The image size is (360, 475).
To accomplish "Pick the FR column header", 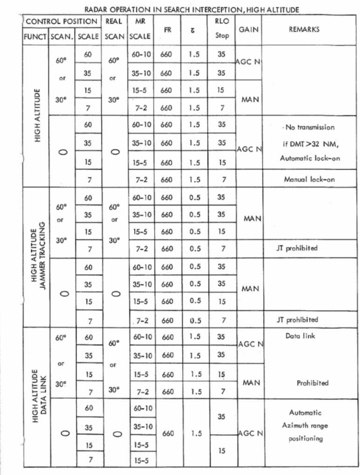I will [x=167, y=29].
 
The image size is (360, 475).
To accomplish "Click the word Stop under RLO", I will [x=222, y=36].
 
